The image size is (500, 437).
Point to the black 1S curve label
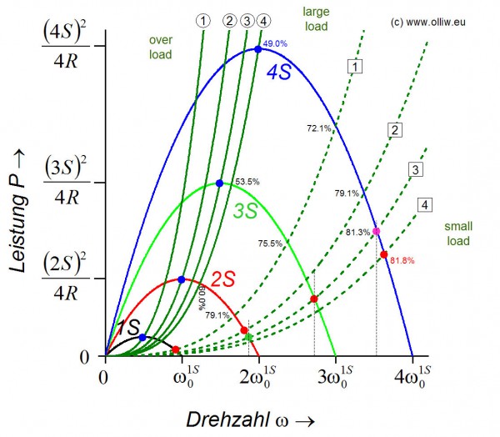(x=127, y=326)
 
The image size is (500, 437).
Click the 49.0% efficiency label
(x=275, y=43)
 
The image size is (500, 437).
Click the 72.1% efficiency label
(x=318, y=128)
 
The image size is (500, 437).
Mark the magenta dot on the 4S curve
(x=376, y=231)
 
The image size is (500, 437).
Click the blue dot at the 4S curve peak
(x=257, y=49)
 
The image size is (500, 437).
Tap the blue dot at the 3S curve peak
(x=219, y=183)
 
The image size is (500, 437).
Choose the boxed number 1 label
(x=356, y=66)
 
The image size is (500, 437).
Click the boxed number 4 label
(x=426, y=205)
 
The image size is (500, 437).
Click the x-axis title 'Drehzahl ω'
(x=250, y=417)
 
